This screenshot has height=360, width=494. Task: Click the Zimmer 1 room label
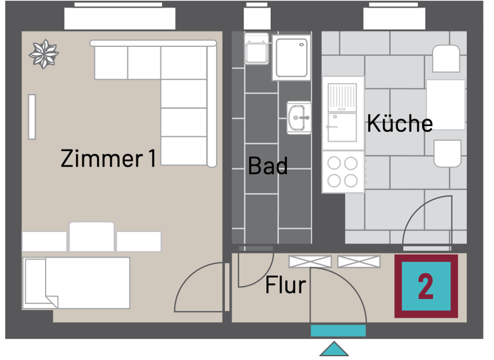108,158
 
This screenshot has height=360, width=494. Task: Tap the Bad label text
268,166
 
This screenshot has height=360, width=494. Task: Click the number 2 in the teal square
425,286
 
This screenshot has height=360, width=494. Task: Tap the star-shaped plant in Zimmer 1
44,55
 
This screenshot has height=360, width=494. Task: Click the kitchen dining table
446,105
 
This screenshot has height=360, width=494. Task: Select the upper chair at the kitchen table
446,59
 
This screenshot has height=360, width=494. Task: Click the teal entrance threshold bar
338,330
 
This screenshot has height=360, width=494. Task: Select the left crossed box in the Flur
311,261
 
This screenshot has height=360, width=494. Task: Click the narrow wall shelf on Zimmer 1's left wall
32,116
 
